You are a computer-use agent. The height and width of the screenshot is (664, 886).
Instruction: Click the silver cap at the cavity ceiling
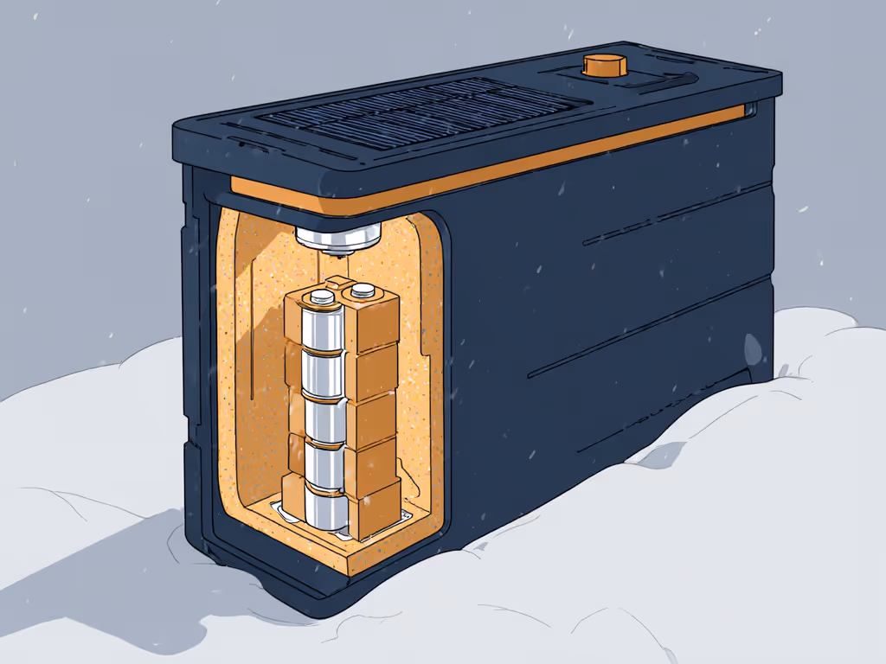coord(339,233)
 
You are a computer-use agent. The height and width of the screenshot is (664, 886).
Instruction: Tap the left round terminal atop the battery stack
coord(323,297)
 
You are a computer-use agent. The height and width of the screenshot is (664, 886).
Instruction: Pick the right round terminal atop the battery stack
coord(361,291)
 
